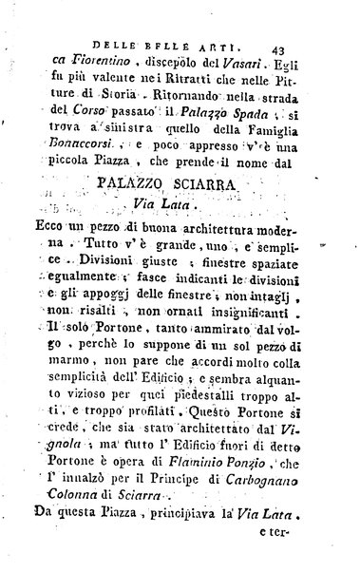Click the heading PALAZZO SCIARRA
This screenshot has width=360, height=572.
pyautogui.click(x=185, y=154)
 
